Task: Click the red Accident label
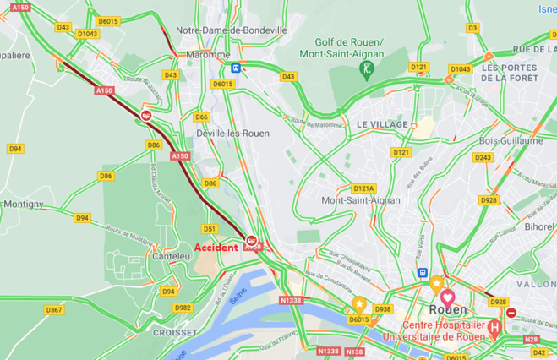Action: (216, 248)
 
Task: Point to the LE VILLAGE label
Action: (382, 124)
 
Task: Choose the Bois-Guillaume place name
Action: (511, 141)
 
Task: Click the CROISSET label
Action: (175, 333)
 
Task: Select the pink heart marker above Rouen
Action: (448, 298)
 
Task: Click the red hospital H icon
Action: (494, 326)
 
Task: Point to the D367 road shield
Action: (54, 310)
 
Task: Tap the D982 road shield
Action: (183, 308)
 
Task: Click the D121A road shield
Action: (363, 188)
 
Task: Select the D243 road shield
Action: (483, 157)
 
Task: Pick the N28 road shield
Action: (531, 339)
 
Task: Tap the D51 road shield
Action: (210, 229)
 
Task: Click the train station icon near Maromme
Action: (235, 68)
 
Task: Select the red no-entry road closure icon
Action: (511, 313)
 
